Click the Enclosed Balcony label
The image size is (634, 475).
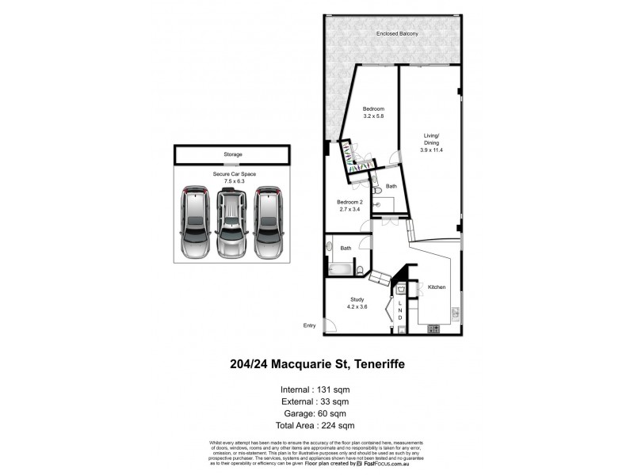pos(397,35)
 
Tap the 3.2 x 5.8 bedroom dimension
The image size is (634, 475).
pos(374,116)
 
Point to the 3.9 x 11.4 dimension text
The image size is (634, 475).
pos(431,150)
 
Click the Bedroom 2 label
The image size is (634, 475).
pos(349,203)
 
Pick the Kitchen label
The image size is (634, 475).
pos(437,287)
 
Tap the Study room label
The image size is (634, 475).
pos(357,299)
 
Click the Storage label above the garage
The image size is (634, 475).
pos(232,154)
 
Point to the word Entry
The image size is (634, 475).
pos(309,325)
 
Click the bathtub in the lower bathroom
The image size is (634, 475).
pos(338,269)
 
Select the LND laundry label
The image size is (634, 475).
pos(400,310)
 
